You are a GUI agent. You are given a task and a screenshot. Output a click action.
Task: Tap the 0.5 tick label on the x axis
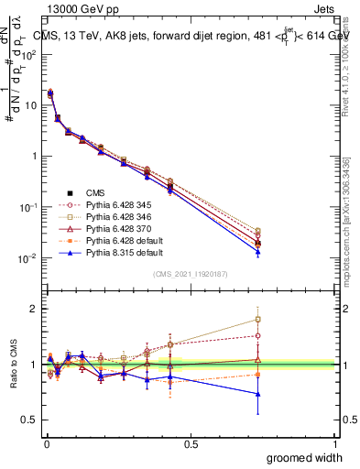pyautogui.click(x=191, y=443)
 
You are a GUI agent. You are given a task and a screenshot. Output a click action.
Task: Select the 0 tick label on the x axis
pyautogui.click(x=47, y=443)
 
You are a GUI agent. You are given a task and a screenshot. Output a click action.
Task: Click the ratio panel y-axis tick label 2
pyautogui.click(x=32, y=309)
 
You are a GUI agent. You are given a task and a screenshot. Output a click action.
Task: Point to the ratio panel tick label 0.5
pyautogui.click(x=28, y=420)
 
